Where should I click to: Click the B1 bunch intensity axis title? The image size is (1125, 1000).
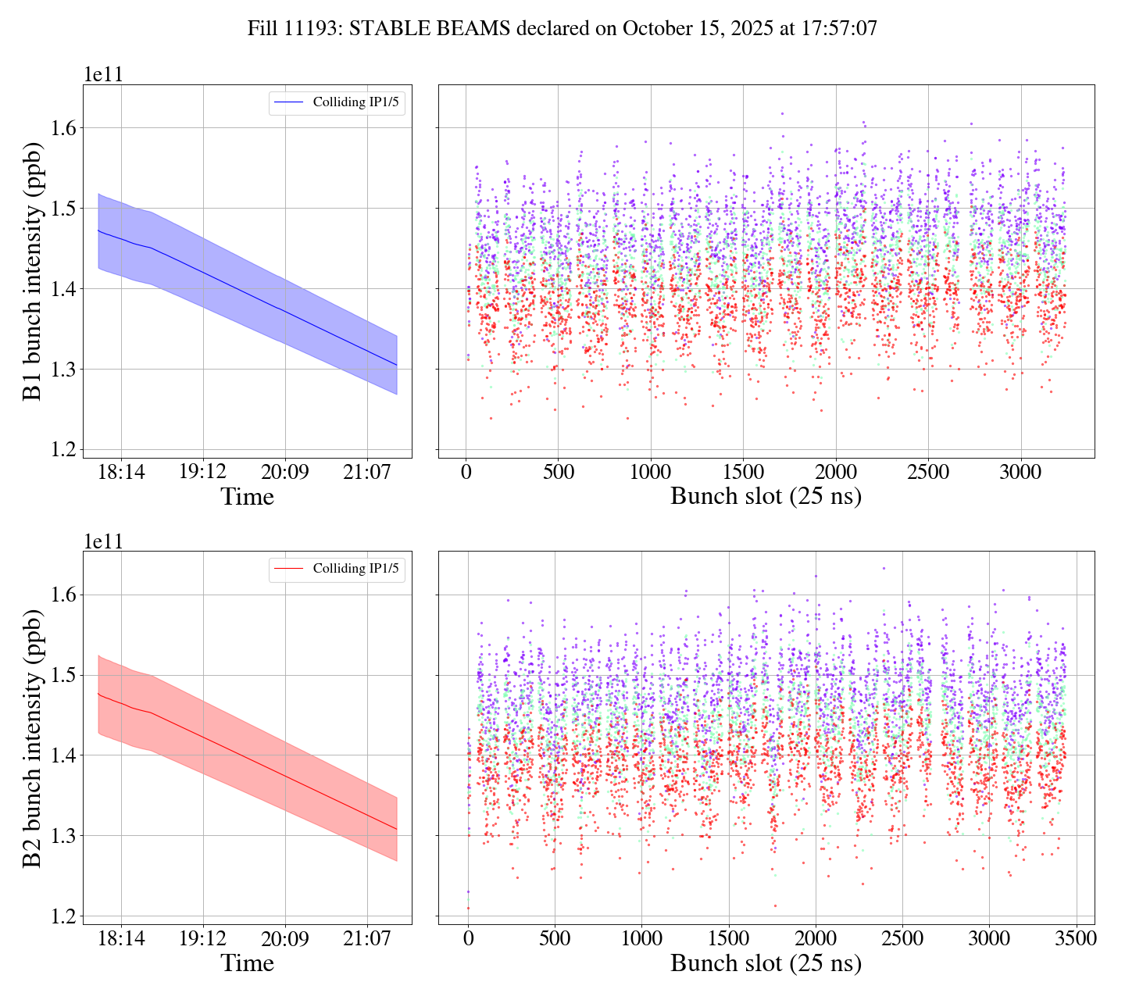click(x=33, y=270)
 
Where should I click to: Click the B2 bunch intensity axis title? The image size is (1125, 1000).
click(x=33, y=737)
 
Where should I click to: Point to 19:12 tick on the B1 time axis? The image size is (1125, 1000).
click(x=203, y=472)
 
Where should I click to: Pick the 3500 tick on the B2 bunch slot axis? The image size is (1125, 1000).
click(x=1076, y=938)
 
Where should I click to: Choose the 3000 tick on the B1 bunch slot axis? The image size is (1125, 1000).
click(x=1021, y=472)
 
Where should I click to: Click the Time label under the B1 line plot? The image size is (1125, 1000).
click(x=247, y=497)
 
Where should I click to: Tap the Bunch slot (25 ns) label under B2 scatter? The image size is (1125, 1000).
click(x=766, y=963)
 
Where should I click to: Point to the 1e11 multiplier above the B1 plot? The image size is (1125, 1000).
click(x=103, y=75)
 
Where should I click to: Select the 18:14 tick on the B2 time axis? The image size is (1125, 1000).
click(x=121, y=938)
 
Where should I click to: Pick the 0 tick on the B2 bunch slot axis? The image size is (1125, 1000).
click(x=468, y=938)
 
